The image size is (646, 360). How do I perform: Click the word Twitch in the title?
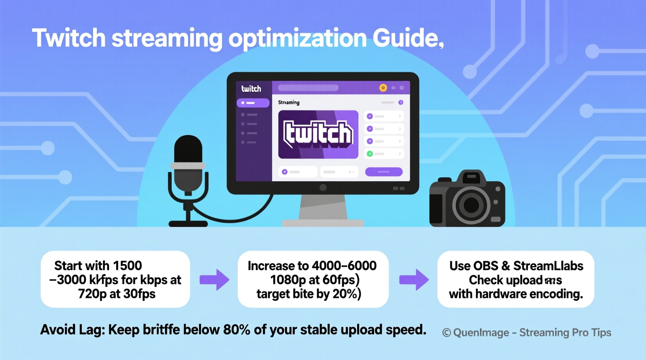pyautogui.click(x=69, y=38)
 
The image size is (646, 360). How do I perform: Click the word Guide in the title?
pyautogui.click(x=405, y=38)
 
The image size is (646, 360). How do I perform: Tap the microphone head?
pyautogui.click(x=188, y=149)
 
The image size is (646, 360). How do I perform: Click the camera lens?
pyautogui.click(x=471, y=205)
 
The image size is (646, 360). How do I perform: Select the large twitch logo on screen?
pyautogui.click(x=318, y=134)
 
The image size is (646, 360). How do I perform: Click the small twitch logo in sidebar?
pyautogui.click(x=251, y=89)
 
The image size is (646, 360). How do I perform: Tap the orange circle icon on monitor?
pyautogui.click(x=383, y=88)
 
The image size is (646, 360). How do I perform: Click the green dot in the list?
pyautogui.click(x=370, y=154)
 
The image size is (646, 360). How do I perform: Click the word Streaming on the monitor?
pyautogui.click(x=288, y=102)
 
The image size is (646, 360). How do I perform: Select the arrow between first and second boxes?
pyautogui.click(x=214, y=279)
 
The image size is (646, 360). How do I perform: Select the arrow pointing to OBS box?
pyautogui.click(x=414, y=279)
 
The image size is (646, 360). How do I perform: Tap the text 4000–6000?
pyautogui.click(x=344, y=266)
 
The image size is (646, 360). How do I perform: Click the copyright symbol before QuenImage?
pyautogui.click(x=446, y=333)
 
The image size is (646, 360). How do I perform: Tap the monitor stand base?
pyautogui.click(x=323, y=223)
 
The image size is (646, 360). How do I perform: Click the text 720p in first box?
pyautogui.click(x=92, y=294)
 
